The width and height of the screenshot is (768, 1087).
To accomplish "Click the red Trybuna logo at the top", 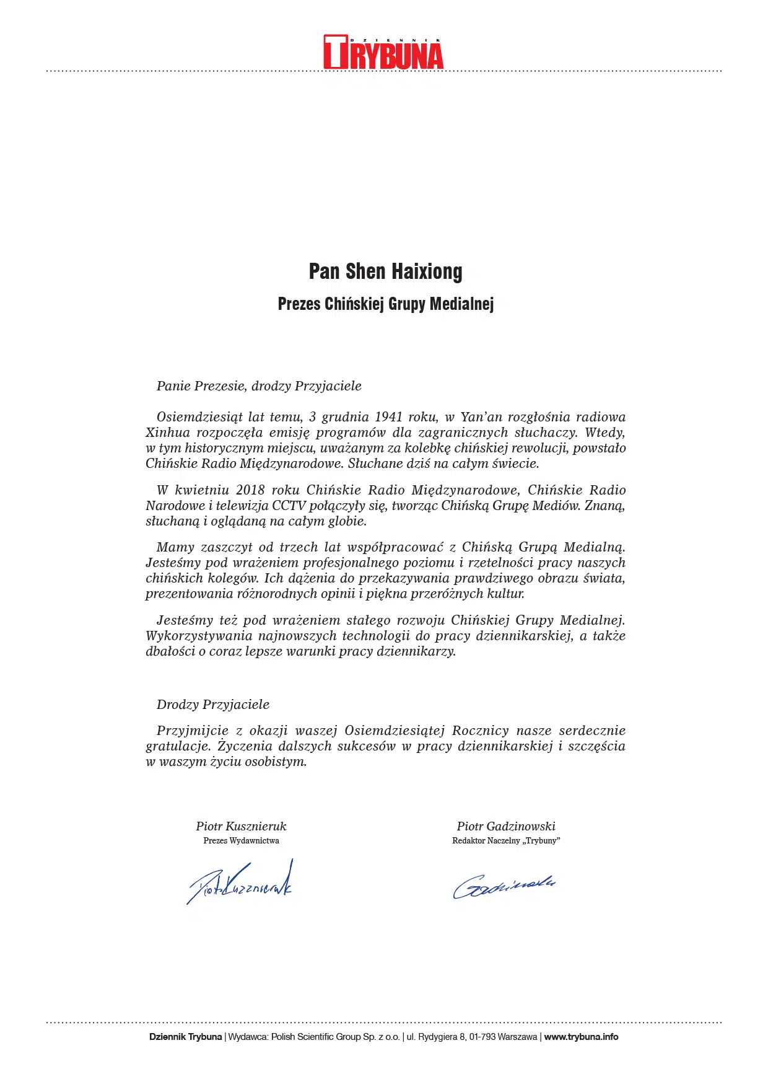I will pos(383,53).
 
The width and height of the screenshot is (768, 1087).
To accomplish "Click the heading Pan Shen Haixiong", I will pos(385,271).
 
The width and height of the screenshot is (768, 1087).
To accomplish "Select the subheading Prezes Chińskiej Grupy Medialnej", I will pos(385,304).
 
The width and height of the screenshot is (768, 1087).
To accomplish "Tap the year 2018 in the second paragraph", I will pos(250,490).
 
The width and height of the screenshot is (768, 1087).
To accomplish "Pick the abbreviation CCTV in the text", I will pos(289,506).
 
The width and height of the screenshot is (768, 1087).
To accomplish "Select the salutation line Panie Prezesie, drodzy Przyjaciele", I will pos(259,386).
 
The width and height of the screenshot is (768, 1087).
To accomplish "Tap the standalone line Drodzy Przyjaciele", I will pos(213,705).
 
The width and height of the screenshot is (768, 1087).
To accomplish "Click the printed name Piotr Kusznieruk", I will pos(241,826).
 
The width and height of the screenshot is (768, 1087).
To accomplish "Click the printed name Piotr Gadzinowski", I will pos(506,826).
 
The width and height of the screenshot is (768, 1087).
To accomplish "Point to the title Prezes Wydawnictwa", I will pos(241,841).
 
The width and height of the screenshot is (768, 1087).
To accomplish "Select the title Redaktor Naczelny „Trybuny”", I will pos(506,841).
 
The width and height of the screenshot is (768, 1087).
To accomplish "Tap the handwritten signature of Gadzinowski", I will pos(504,886).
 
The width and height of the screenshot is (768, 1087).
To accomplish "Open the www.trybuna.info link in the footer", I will pos(581,1037).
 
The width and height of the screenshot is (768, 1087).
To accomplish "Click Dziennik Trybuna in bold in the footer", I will pos(185,1037).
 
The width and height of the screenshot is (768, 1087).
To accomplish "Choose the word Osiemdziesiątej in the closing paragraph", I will pos(395,731).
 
